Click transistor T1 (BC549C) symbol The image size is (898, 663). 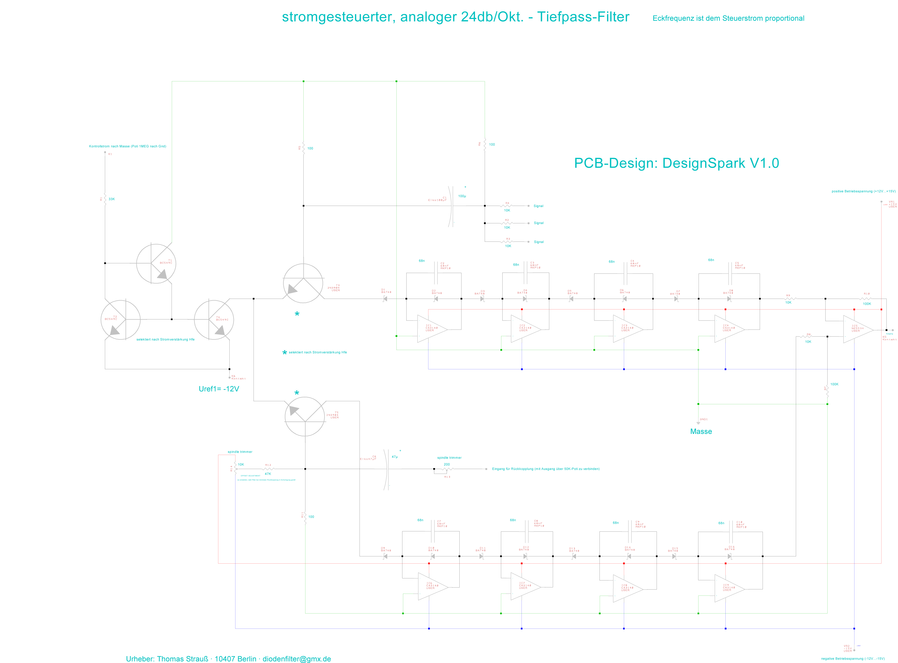click(156, 263)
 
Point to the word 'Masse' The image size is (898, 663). click(701, 431)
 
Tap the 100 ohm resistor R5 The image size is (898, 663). click(303, 148)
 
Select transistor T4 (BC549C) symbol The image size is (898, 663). click(214, 320)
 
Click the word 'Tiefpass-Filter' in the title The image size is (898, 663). click(583, 17)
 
